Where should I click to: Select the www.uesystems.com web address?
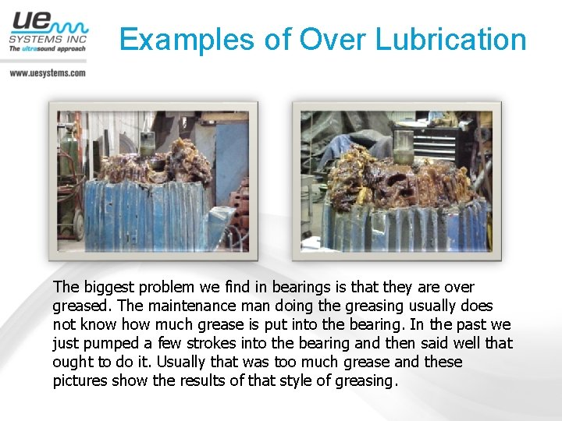coord(48,73)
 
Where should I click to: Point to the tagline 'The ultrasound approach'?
coord(48,48)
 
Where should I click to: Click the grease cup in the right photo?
coord(404,145)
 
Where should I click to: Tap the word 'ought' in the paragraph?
coord(72,363)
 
